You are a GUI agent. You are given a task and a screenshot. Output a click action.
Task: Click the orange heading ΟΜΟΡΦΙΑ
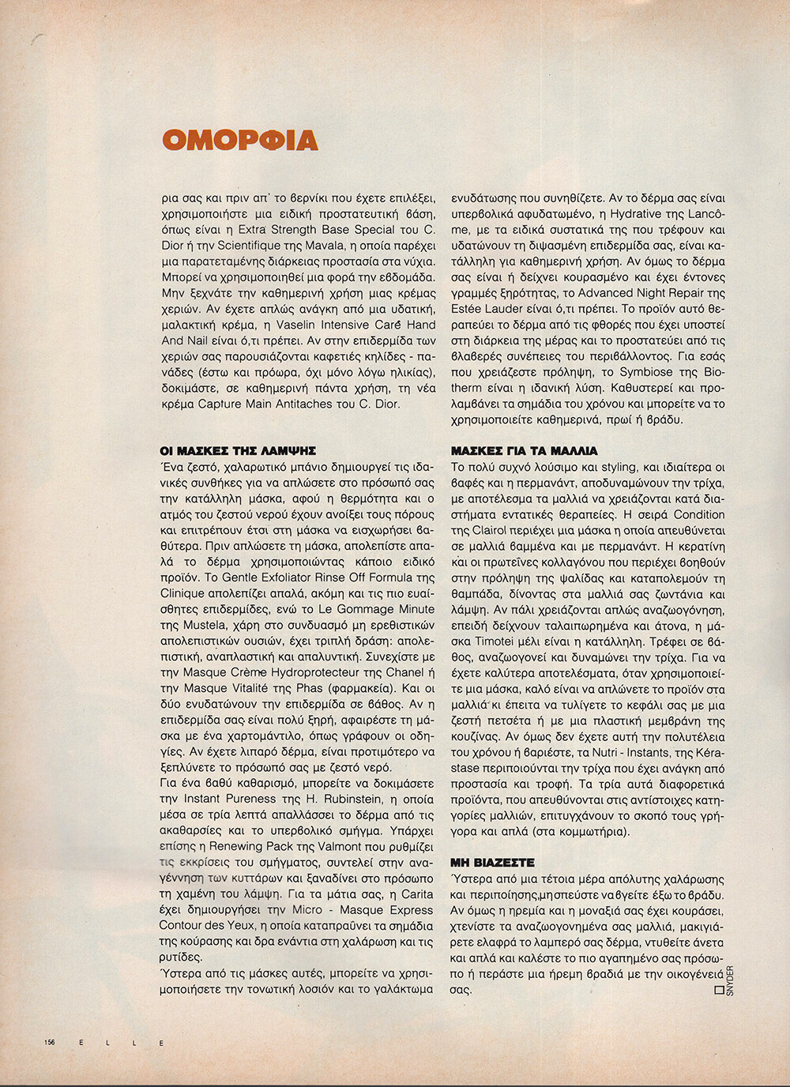pos(239,139)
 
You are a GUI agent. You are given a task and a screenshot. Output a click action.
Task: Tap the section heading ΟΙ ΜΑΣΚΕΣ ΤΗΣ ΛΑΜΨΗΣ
pos(237,451)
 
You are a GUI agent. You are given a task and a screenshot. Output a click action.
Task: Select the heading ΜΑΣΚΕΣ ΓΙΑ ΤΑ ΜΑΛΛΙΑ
pos(525,451)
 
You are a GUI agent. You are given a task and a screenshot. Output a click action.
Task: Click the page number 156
pos(50,1043)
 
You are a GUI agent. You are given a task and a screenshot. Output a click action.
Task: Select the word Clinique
pos(182,593)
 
